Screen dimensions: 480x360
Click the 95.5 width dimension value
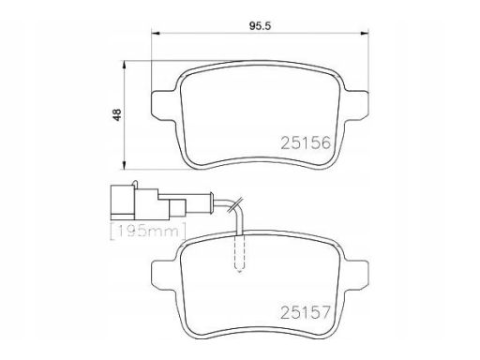coord(260,26)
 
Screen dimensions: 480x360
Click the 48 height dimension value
coord(117,114)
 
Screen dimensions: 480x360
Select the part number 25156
coord(306,143)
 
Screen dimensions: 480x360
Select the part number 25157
coord(306,312)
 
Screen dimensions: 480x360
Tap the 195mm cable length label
coord(148,232)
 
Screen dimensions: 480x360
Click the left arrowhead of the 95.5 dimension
coord(156,33)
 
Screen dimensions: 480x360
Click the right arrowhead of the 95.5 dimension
coord(365,33)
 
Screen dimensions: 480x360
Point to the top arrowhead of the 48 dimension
coord(124,65)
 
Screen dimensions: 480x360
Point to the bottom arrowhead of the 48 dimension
coord(124,165)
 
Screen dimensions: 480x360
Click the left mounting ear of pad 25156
coord(163,105)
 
